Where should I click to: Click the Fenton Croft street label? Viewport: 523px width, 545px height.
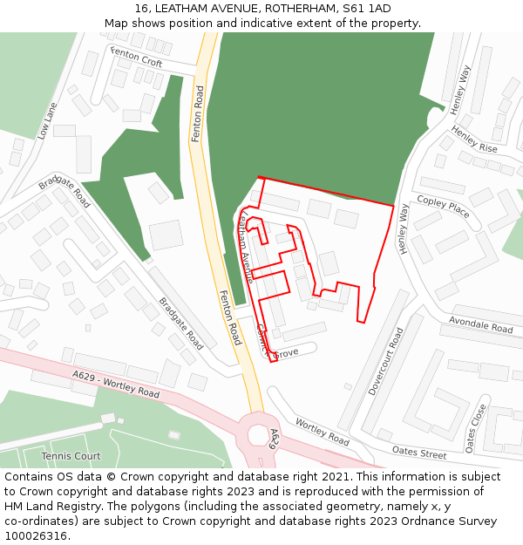click(137, 58)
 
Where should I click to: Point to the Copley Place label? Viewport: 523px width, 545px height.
click(444, 207)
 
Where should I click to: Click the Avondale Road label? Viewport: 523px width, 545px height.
click(480, 324)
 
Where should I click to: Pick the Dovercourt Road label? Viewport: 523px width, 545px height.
click(384, 361)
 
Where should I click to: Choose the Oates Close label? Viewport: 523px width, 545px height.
click(475, 428)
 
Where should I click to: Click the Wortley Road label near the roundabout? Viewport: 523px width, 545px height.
click(322, 430)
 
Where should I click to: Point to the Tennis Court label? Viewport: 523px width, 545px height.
click(71, 456)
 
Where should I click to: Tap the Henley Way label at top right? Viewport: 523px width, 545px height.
click(460, 89)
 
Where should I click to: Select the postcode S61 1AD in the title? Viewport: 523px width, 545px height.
click(366, 9)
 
